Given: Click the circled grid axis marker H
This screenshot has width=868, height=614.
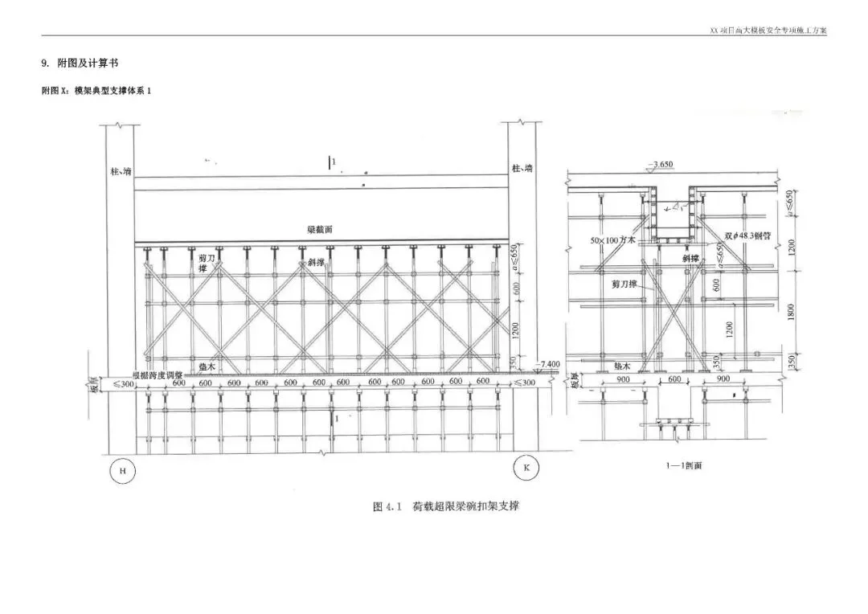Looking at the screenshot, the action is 122,471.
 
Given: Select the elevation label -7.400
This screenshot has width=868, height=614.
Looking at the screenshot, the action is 549,364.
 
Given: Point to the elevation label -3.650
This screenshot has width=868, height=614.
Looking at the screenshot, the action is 663,165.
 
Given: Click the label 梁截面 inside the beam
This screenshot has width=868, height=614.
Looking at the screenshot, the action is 319,230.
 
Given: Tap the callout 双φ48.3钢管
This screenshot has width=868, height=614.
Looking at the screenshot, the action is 748,236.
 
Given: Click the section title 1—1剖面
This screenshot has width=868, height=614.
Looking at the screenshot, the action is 684,465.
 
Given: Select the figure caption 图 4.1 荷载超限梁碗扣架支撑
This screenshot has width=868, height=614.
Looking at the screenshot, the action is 452,506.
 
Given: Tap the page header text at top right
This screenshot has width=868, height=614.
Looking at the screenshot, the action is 768,31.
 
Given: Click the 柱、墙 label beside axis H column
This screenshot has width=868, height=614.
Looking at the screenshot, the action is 121,170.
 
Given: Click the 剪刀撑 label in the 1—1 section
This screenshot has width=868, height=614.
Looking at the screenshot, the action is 619,284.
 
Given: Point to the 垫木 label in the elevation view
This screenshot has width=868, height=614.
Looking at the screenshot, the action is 207,366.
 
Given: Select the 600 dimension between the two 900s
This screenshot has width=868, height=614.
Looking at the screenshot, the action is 674,379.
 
